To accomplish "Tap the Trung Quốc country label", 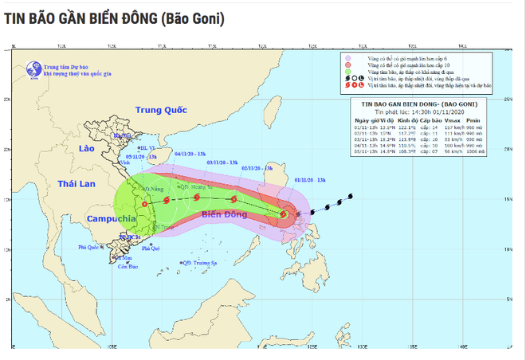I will (x=160, y=111).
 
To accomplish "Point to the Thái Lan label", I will (x=77, y=184).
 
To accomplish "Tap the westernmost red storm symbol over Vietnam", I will (x=144, y=204).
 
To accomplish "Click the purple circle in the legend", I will (x=348, y=58).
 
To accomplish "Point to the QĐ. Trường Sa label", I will (x=202, y=263).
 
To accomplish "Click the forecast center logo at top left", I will (x=33, y=69).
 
